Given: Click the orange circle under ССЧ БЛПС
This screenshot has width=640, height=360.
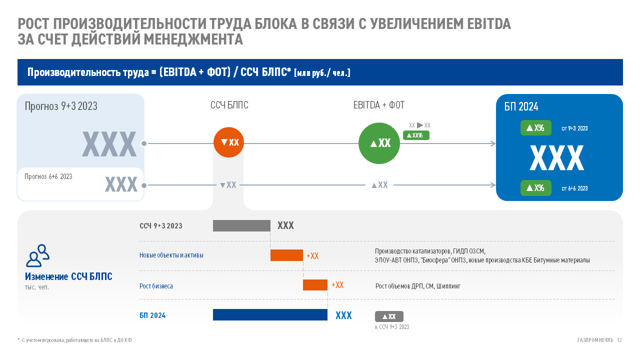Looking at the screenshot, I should tap(228, 142).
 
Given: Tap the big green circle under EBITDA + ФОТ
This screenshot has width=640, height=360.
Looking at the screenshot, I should tap(379, 143).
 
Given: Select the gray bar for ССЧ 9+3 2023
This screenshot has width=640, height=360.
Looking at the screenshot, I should tap(241, 225).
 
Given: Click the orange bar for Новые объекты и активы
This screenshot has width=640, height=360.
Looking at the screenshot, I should tap(286, 255).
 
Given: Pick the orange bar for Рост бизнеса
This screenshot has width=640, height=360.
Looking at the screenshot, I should tap(315, 285).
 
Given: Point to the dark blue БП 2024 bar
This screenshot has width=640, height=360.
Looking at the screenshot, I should tap(270, 315).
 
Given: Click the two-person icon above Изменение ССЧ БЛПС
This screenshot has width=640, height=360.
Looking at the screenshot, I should tap(37, 255).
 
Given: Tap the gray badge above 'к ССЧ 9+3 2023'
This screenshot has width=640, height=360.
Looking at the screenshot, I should tap(389, 316).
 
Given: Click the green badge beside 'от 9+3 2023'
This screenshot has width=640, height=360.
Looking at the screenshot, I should tap(535, 128).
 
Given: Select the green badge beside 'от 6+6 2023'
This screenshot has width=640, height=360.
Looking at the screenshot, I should tap(535, 188).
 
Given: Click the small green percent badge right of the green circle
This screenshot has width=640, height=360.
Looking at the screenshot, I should tap(416, 135).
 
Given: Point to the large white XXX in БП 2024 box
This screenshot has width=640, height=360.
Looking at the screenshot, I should tap(556, 158).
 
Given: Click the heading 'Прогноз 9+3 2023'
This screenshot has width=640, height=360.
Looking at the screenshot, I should tap(61, 106).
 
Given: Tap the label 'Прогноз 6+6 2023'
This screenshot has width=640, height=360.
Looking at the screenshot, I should tap(48, 176).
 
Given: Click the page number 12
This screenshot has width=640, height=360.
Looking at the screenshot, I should tap(619, 340).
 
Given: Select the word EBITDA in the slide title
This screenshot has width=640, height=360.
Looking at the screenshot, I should tap(488, 24).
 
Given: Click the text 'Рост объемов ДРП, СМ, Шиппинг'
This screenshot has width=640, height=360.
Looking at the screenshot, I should tap(417, 286).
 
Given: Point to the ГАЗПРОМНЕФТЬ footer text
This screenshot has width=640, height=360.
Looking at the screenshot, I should tap(595, 340).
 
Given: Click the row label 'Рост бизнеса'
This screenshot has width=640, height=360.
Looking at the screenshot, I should tap(156, 286).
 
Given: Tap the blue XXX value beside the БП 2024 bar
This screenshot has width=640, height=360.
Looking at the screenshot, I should tap(343, 315).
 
